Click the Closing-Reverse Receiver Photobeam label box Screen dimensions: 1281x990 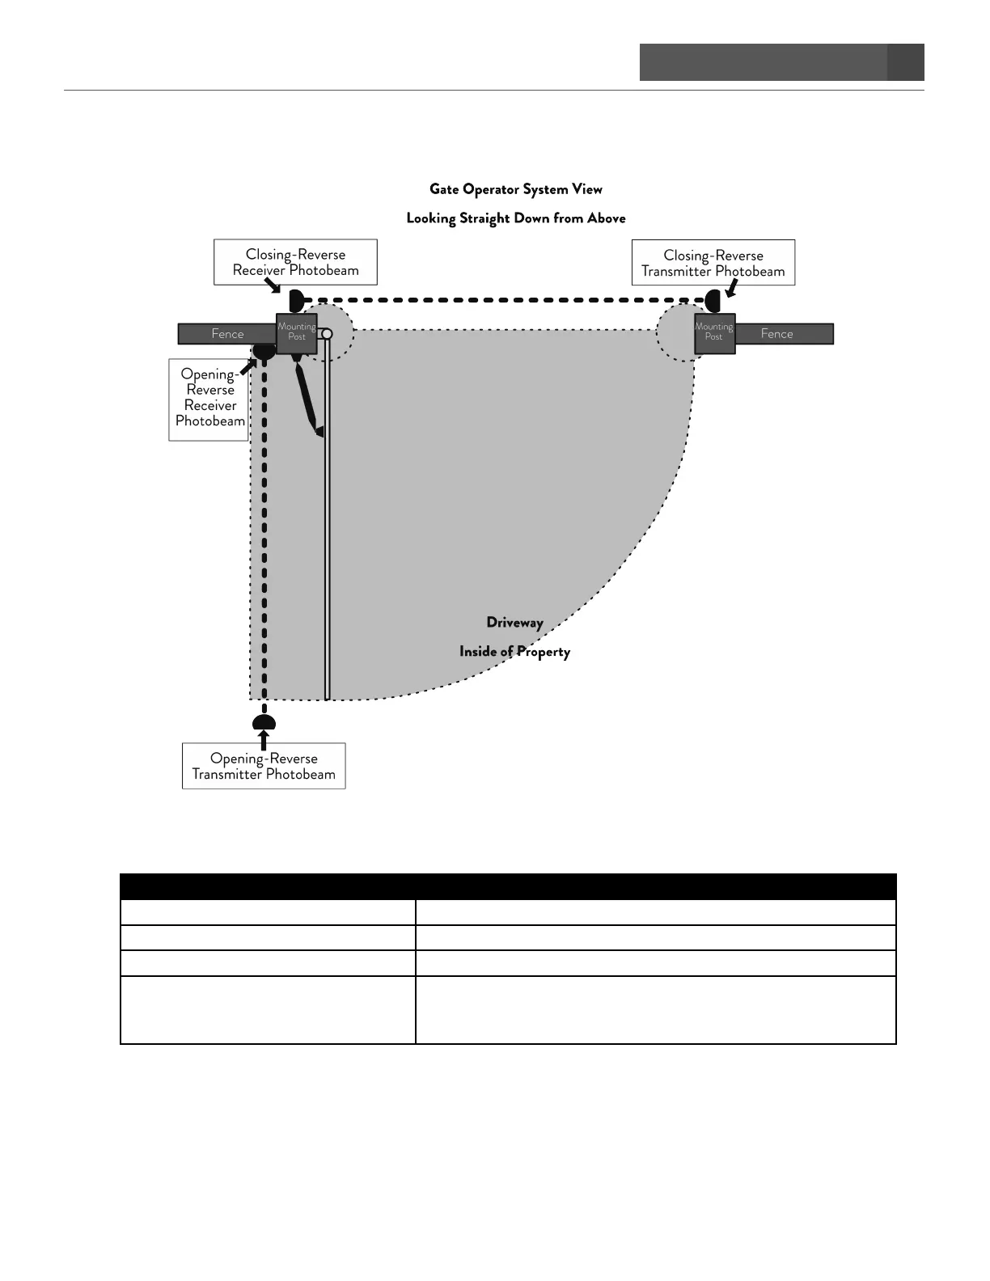coord(295,262)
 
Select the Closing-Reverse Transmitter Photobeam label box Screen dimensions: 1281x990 coord(713,263)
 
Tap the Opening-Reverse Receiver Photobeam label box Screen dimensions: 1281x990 coord(209,400)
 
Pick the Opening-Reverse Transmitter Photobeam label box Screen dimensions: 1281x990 coord(264,766)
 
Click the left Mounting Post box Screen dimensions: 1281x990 coord(296,333)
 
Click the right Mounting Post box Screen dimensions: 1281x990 coord(714,333)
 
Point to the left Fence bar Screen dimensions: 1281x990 coord(226,334)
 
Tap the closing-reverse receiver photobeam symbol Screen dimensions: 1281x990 coord(295,301)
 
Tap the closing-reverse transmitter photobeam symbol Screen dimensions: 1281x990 coord(713,301)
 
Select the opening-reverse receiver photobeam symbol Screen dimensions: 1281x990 coord(264,352)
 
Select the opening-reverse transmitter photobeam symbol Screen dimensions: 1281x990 coord(264,721)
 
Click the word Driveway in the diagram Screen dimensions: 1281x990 coord(514,623)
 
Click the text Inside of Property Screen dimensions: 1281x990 coord(514,652)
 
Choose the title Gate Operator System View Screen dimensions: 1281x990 coord(516,189)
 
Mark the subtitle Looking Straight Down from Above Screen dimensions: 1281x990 coord(516,218)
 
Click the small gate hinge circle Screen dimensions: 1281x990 coord(327,334)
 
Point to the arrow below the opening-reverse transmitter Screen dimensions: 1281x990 coord(263,738)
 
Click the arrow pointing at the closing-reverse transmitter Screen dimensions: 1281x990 coord(731,289)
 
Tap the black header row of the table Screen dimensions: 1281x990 coord(508,886)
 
